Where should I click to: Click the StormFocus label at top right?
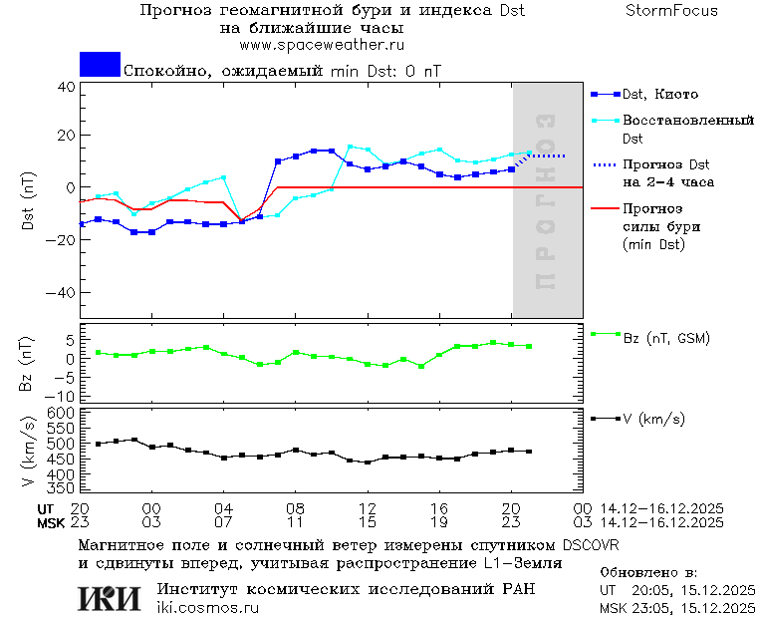pos(671,11)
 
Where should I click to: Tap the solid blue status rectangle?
pos(100,65)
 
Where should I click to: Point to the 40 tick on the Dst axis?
pos(66,87)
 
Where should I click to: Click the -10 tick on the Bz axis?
pos(62,395)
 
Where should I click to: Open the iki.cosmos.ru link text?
pos(208,608)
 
